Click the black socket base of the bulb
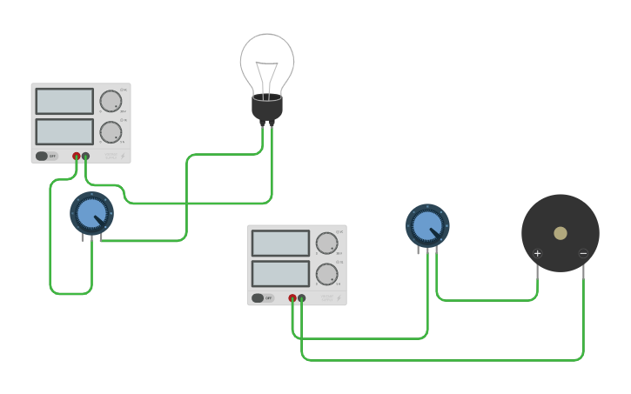pos(267,107)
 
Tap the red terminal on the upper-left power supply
pos(77,157)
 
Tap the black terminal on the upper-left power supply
pos(85,157)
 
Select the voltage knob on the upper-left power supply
pos(110,101)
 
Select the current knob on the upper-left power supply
pos(110,132)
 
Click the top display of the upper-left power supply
pos(64,101)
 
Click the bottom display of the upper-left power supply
pos(64,131)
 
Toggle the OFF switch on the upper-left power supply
pos(46,157)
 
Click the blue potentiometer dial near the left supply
pos(91,213)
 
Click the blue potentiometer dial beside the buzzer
pos(426,225)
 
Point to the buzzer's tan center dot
pos(561,233)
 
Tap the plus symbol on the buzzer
pos(537,254)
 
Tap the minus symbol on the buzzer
pos(583,254)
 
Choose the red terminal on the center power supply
pos(292,298)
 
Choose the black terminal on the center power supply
pos(301,298)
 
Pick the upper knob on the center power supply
pos(326,244)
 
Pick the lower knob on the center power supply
pos(326,274)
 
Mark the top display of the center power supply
pos(280,243)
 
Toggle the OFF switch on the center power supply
pos(262,298)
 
